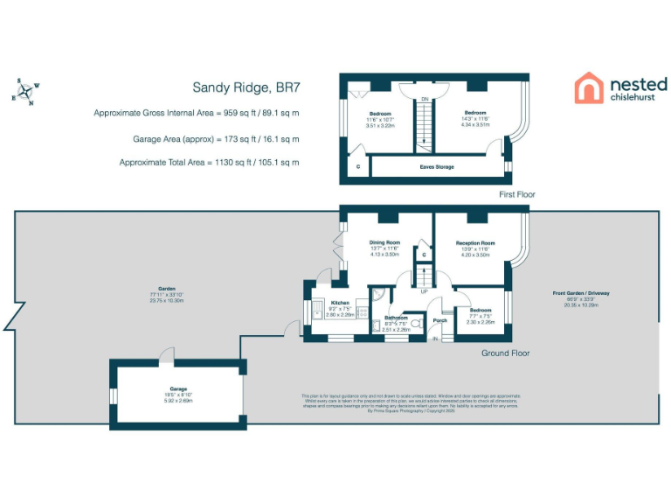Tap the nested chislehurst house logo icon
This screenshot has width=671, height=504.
(588, 88)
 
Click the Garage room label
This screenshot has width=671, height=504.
(178, 388)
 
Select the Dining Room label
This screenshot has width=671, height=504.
(384, 242)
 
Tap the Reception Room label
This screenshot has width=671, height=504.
(475, 242)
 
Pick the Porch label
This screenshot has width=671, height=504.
(440, 320)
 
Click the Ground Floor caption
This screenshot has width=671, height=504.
(506, 353)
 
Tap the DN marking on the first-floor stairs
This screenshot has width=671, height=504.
(425, 99)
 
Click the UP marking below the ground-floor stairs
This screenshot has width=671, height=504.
(425, 291)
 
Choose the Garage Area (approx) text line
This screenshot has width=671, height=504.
(196, 138)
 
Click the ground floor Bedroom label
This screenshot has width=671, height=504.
(480, 311)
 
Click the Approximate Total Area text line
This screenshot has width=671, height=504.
(196, 163)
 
